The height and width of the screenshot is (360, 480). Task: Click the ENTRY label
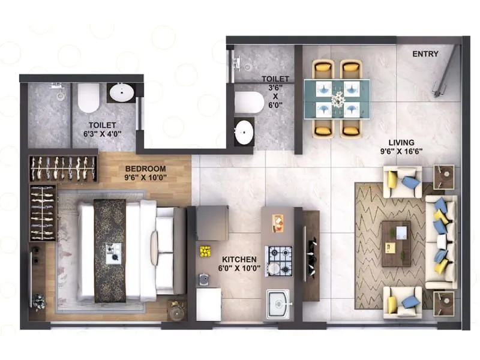[x=425, y=54]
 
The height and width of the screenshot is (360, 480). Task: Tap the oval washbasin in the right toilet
[x=244, y=132]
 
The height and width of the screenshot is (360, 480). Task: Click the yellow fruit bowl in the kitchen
[x=205, y=251]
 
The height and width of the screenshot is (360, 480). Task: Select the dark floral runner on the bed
[x=110, y=250]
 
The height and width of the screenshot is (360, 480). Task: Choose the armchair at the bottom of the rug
[x=402, y=302]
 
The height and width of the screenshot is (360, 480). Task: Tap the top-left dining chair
[x=322, y=70]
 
